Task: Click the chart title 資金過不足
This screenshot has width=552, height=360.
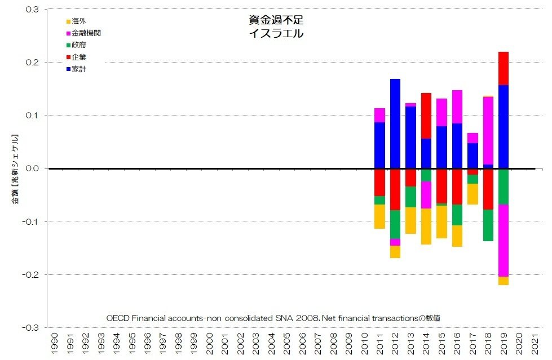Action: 276,20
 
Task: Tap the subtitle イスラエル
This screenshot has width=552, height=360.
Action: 276,33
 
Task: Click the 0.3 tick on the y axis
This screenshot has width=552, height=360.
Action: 32,10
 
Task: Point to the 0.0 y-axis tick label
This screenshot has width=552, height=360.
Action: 32,168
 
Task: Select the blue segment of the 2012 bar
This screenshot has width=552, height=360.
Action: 395,124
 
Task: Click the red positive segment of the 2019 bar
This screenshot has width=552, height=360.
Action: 504,68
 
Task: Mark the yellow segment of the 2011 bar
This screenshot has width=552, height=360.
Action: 379,216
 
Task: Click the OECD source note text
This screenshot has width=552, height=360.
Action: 273,318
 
